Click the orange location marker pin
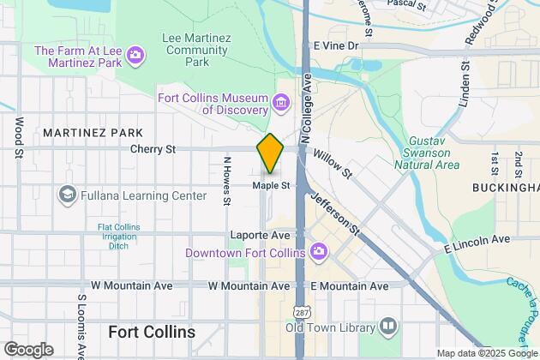(x=270, y=153)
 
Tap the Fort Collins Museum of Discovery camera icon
(x=279, y=105)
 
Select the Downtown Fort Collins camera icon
(x=318, y=251)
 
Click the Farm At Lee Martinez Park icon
(x=135, y=57)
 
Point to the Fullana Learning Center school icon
(x=66, y=195)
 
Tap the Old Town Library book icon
(x=388, y=327)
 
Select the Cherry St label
(x=153, y=149)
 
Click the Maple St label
(x=272, y=184)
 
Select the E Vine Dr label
(x=335, y=45)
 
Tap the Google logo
(x=28, y=350)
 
